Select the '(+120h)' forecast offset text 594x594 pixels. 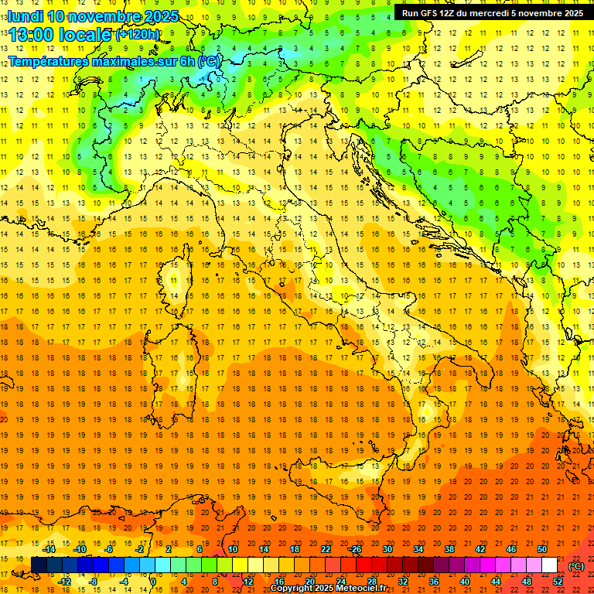point(138,35)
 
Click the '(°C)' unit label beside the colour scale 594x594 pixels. point(575,566)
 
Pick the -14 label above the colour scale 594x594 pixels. point(49,549)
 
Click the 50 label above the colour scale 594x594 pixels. point(542,549)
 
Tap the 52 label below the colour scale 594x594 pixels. point(557,582)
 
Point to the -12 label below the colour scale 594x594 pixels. point(65,582)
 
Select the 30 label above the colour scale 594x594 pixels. point(387,549)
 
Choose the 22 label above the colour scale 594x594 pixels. point(326,549)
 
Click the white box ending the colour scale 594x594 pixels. point(549,565)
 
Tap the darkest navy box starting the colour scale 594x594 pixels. point(39,565)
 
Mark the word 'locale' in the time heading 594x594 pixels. point(87,35)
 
